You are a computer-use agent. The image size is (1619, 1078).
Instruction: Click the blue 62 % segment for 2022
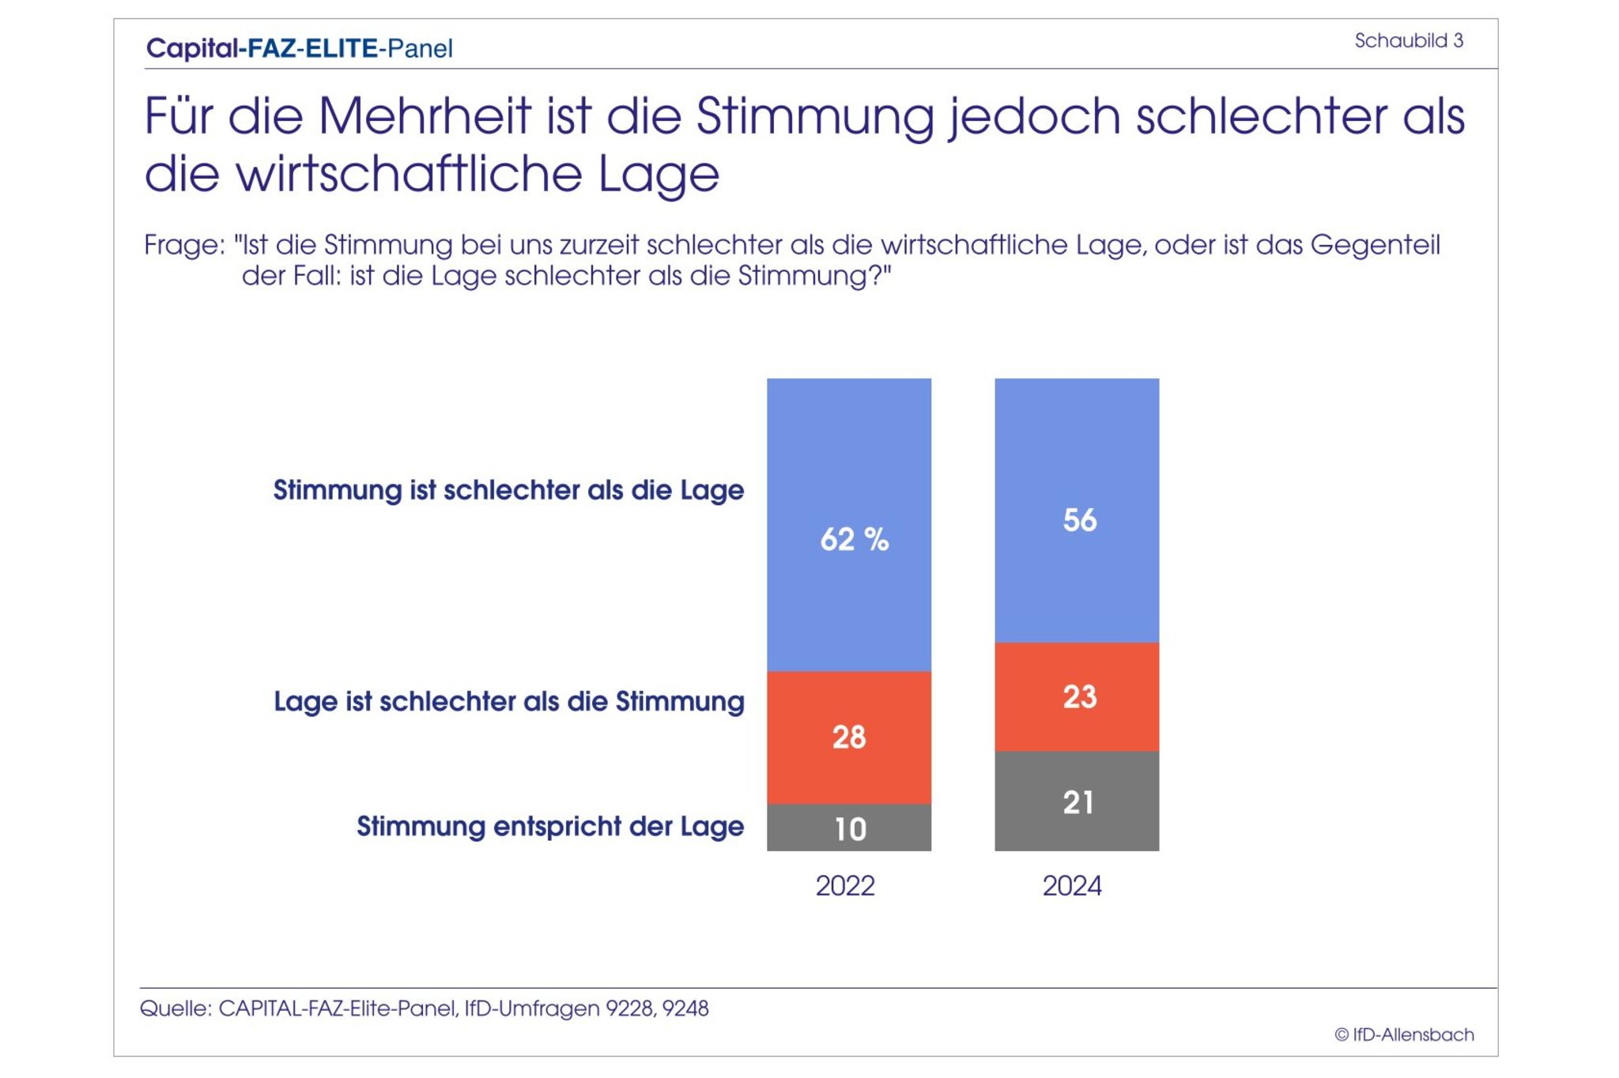(848, 525)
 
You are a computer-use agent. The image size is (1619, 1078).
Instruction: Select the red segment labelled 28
(848, 737)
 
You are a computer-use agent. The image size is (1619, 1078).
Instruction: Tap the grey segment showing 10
(848, 827)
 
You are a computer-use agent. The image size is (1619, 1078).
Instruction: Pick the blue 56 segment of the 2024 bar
(1077, 511)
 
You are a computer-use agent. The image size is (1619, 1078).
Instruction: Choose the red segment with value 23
(1077, 696)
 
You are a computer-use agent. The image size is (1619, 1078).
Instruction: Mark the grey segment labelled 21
(1077, 801)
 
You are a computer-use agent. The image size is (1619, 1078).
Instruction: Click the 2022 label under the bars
(845, 886)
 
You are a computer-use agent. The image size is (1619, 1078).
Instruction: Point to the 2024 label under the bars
(1072, 886)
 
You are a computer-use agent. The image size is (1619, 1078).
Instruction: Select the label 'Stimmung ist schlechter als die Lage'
(508, 490)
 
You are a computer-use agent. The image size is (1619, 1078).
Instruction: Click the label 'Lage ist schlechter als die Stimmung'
(509, 702)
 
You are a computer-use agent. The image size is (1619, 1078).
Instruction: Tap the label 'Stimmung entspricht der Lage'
(550, 827)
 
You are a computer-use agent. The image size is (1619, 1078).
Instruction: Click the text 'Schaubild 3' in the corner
(1409, 41)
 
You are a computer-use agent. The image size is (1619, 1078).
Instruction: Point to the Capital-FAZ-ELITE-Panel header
(300, 48)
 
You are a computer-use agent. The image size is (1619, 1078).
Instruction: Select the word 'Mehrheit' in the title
(425, 116)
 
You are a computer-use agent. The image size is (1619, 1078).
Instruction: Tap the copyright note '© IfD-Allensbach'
(1404, 1035)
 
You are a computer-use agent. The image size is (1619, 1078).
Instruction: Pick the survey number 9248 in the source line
(685, 1008)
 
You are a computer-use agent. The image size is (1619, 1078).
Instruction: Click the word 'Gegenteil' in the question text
(1376, 245)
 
